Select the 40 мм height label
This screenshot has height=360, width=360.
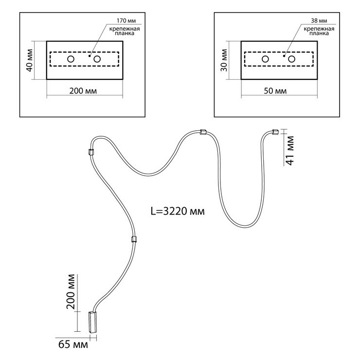coord(30,60)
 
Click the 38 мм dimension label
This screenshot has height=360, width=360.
coord(319,21)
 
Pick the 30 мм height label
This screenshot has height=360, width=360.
coord(224,60)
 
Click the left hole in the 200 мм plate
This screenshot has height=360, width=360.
coord(71,59)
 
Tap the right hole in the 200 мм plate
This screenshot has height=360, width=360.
coord(97,59)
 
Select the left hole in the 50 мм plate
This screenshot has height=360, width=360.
coord(266,59)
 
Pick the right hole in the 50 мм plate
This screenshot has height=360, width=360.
coord(292,59)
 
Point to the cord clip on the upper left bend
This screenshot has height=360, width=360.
coord(90,151)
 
